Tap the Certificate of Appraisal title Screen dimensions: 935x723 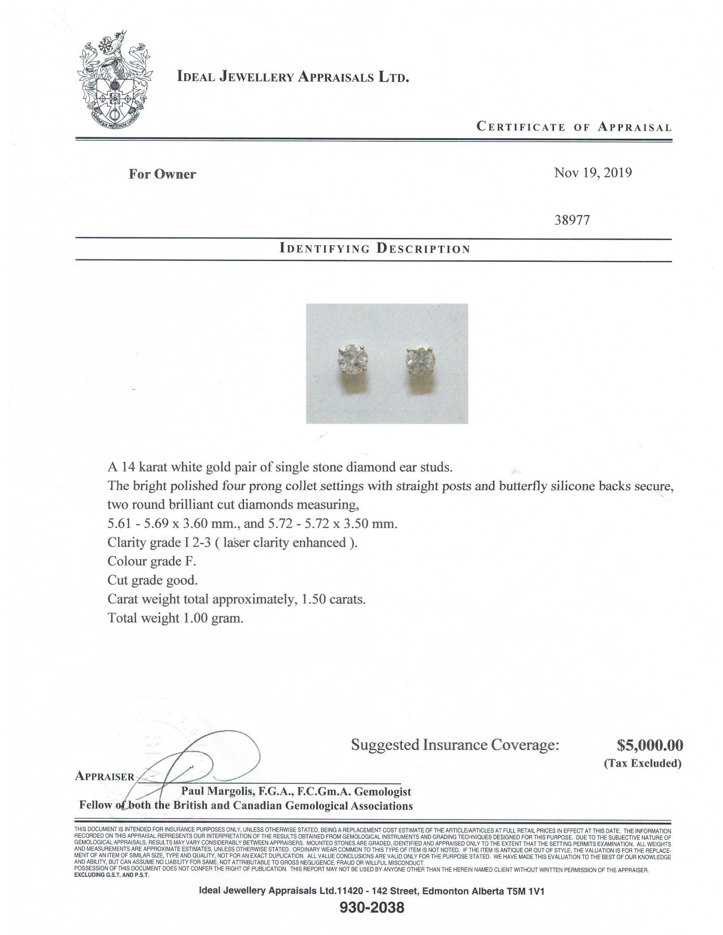pos(574,127)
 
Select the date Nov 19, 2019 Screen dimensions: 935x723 pos(593,173)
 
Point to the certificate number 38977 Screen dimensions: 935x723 pos(573,220)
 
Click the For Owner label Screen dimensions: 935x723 pos(162,174)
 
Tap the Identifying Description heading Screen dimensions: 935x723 pos(375,248)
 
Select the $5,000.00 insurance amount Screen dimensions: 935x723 pos(650,745)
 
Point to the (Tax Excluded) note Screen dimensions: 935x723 pos(642,763)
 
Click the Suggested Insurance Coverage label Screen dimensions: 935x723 pos(455,745)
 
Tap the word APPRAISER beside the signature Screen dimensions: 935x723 pos(105,776)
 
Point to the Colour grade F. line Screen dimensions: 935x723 pos(152,561)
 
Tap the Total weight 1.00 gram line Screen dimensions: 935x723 pos(175,618)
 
